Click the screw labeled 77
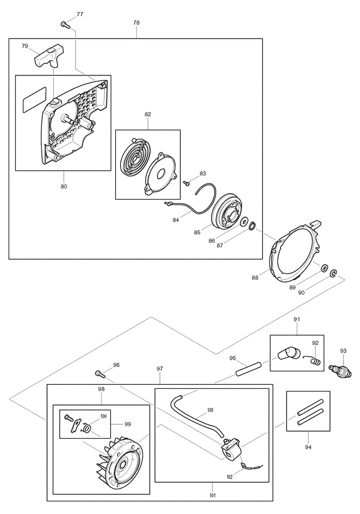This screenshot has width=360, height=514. pyautogui.click(x=65, y=24)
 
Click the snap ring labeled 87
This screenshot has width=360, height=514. pyautogui.click(x=252, y=226)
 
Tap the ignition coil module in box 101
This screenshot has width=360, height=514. pyautogui.click(x=232, y=448)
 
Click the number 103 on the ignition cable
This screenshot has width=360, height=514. pyautogui.click(x=211, y=410)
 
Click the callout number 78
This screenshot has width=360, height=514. pyautogui.click(x=136, y=23)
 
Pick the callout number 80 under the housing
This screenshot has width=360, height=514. pyautogui.click(x=64, y=186)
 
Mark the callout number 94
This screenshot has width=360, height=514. pyautogui.click(x=308, y=447)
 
